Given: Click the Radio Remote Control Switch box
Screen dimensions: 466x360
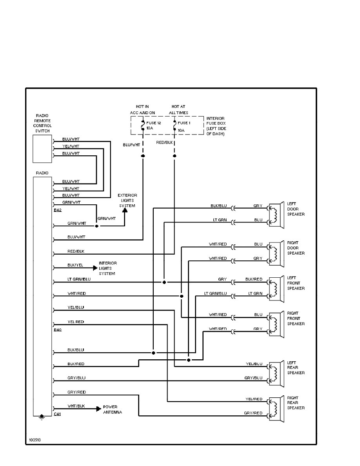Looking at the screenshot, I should pyautogui.click(x=42, y=149).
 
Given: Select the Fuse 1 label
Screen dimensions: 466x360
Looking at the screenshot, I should pyautogui.click(x=182, y=123).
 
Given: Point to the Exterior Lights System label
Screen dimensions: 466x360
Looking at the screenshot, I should pyautogui.click(x=127, y=200).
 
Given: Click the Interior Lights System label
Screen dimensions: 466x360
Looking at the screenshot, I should pyautogui.click(x=107, y=268).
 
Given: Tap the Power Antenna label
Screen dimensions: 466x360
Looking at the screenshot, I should pyautogui.click(x=113, y=410).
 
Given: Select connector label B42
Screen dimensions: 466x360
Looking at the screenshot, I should pyautogui.click(x=58, y=210).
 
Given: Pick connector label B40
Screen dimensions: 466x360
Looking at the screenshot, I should pyautogui.click(x=58, y=330).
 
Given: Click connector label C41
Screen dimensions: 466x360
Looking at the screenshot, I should pyautogui.click(x=58, y=414).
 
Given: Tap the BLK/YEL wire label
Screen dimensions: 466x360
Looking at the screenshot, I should pyautogui.click(x=76, y=265).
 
